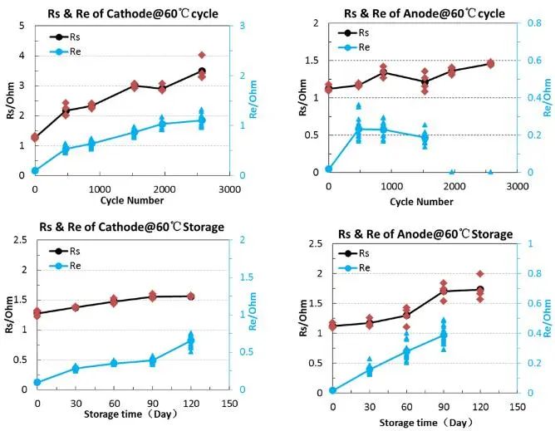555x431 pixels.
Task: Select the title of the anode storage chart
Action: tap(422, 235)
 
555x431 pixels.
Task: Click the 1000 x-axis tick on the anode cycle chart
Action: tap(391, 189)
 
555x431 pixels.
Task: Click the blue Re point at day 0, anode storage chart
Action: tap(332, 390)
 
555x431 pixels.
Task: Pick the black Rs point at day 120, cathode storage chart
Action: tap(190, 296)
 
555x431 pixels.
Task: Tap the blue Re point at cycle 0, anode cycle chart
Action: tap(329, 169)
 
